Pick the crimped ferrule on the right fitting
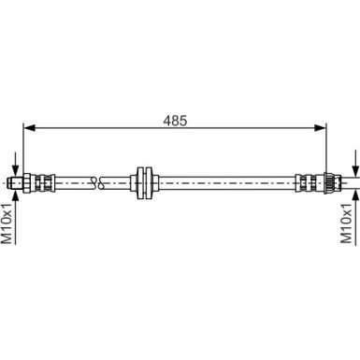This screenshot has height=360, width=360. tap(307, 179)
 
